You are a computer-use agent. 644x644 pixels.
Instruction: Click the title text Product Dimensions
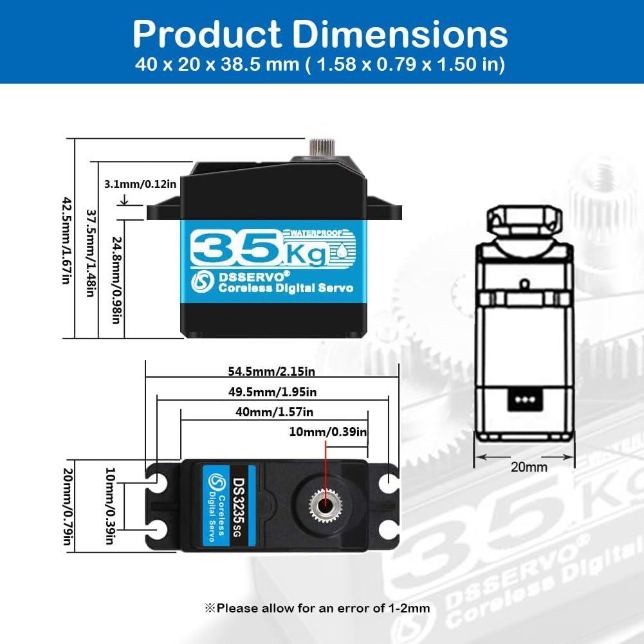pos(320,33)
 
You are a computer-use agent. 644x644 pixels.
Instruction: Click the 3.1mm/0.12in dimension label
pos(140,184)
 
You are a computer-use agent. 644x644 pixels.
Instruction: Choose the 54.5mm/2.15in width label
pos(271,371)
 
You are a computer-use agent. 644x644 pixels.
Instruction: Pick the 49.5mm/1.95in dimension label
pos(273,392)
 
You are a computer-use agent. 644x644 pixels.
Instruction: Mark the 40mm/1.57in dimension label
pos(274,412)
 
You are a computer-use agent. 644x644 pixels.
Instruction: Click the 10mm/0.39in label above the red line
pos(328,432)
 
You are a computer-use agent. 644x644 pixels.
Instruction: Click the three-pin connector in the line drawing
pos(522,398)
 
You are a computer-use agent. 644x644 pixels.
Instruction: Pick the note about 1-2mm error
pos(317,607)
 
